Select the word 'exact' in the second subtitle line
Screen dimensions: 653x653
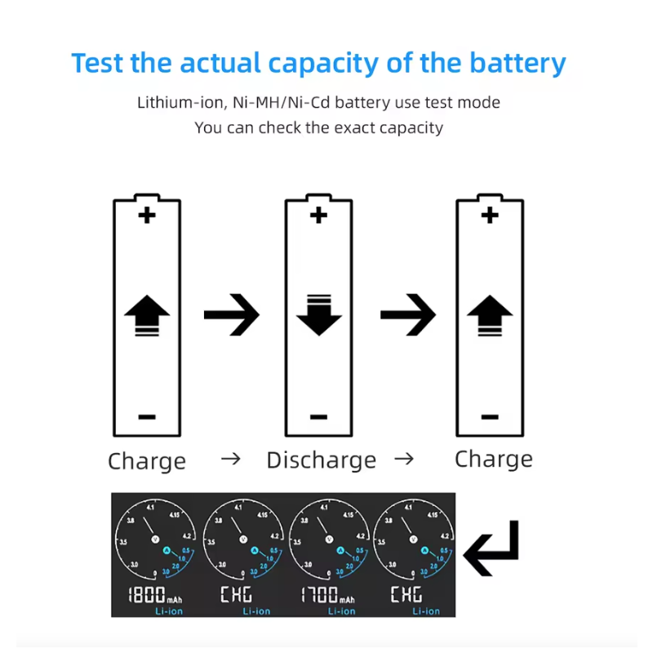pyautogui.click(x=353, y=127)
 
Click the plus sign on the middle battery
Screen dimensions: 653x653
pyautogui.click(x=318, y=215)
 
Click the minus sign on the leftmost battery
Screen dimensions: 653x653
pyautogui.click(x=147, y=416)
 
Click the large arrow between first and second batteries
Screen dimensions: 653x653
pyautogui.click(x=231, y=313)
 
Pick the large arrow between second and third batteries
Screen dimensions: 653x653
pyautogui.click(x=407, y=313)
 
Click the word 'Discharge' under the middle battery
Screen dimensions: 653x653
pyautogui.click(x=322, y=460)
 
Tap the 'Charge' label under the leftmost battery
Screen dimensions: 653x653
pyautogui.click(x=147, y=461)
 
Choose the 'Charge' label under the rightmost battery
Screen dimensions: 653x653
pyautogui.click(x=493, y=459)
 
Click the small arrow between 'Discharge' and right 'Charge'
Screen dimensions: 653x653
pyautogui.click(x=404, y=460)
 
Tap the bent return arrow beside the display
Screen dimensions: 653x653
pyautogui.click(x=491, y=549)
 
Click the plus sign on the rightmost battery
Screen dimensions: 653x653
pyautogui.click(x=490, y=215)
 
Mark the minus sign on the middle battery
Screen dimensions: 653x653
pyautogui.click(x=318, y=416)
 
